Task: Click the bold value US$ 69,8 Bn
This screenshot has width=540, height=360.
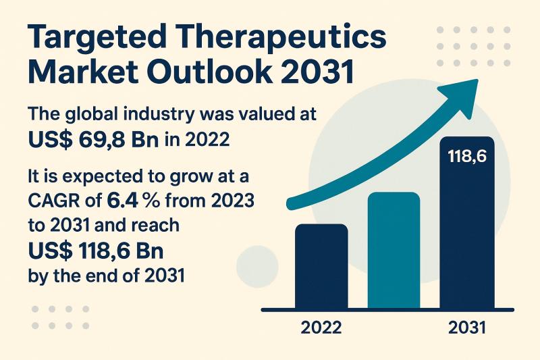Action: (85, 139)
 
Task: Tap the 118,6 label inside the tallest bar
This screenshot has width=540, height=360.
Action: (467, 158)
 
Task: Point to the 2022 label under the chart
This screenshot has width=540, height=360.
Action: (321, 329)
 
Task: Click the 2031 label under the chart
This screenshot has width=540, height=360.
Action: (467, 329)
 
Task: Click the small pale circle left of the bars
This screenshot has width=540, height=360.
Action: (258, 265)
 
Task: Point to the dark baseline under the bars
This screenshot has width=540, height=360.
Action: (391, 310)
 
